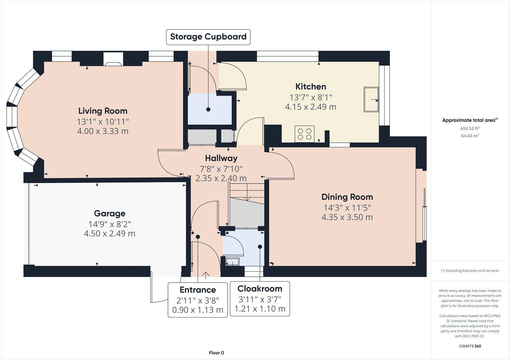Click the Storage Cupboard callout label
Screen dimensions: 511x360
[208, 37]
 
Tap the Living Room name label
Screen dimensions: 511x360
[103, 111]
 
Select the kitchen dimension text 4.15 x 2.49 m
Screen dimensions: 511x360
[311, 107]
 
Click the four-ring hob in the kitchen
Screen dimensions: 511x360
[305, 134]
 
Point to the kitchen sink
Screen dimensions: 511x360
[371, 99]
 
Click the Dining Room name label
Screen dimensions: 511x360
[347, 197]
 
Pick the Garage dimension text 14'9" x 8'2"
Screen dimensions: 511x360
[110, 224]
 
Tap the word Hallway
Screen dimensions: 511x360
[221, 158]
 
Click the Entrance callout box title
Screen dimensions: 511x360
[198, 290]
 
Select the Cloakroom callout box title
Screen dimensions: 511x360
[260, 289]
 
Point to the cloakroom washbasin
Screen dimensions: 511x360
[232, 261]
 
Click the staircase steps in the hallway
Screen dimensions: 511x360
[247, 206]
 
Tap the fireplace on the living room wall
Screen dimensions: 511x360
[113, 59]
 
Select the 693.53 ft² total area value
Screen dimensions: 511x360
[470, 129]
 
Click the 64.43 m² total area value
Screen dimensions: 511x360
[470, 136]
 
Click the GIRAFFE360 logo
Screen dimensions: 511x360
[470, 346]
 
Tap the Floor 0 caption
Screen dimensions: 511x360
[217, 353]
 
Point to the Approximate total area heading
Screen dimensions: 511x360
[470, 120]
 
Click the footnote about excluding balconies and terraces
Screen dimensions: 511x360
[470, 271]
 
